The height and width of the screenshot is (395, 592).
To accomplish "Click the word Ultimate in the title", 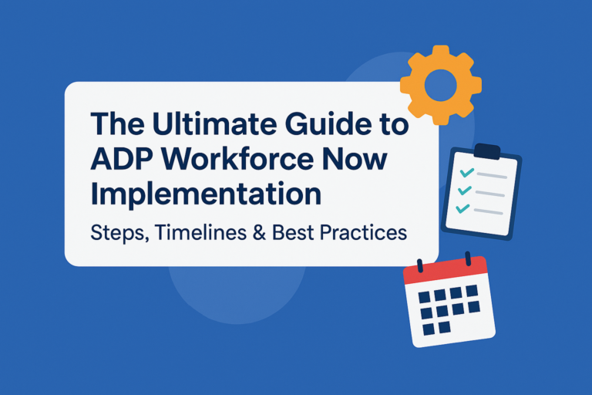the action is (215, 123).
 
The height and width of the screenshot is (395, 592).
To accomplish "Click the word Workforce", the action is (237, 158).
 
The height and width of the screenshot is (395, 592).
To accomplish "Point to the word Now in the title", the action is (355, 159).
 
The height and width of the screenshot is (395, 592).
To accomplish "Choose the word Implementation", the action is (206, 195).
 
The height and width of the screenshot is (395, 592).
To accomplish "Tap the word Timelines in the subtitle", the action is (201, 231).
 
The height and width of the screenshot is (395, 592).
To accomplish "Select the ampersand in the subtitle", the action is (259, 232).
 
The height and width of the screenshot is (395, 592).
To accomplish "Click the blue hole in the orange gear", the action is (441, 85).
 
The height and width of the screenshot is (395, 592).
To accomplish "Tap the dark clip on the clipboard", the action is (487, 151).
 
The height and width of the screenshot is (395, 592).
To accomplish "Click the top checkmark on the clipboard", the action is (466, 173).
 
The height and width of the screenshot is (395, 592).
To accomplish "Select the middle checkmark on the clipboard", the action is (465, 191).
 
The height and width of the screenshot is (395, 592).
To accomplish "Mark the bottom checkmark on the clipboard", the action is (462, 208).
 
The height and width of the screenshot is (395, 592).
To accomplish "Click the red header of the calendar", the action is (446, 269).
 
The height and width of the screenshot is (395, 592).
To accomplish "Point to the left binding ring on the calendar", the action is (419, 265).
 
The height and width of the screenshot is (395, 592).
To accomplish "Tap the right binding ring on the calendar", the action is (468, 259).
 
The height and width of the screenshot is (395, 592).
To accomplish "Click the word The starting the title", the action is (118, 123).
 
